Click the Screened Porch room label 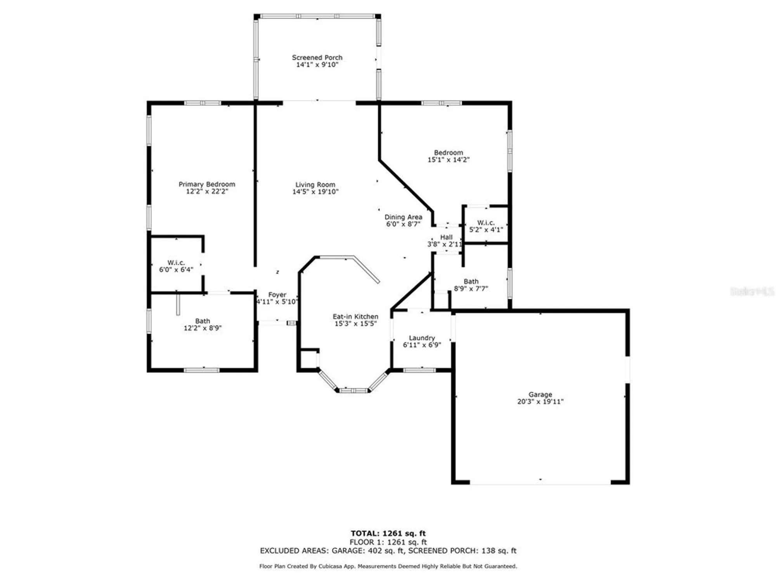pos(317,57)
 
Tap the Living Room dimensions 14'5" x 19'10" pos(315,192)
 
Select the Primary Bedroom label pos(207,184)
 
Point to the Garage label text pos(540,395)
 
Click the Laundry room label pos(422,338)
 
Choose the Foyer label pos(277,295)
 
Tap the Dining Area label pos(403,217)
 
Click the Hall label pos(446,237)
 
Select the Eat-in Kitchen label pos(355,317)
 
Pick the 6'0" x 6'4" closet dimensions pos(176,270)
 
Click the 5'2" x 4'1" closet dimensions pos(486,230)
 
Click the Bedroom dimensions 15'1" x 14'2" pos(449,159)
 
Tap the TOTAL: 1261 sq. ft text pos(388,533)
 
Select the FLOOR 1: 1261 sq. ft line pos(388,542)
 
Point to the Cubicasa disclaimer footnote pos(388,566)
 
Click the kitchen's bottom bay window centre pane pos(353,390)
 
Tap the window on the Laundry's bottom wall pos(419,370)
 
